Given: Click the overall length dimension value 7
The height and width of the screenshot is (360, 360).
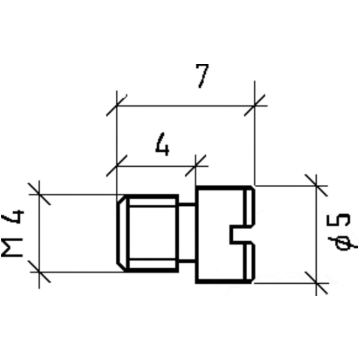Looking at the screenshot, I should [203, 76].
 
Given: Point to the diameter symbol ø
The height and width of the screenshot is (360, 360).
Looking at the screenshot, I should [343, 243].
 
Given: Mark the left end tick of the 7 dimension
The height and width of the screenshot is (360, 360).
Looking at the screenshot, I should [116, 106].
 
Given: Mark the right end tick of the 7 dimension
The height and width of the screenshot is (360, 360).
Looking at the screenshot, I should [256, 106].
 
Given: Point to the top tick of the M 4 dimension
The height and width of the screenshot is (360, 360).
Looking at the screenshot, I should [39, 194].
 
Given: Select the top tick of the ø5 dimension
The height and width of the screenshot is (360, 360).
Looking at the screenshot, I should [316, 185].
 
